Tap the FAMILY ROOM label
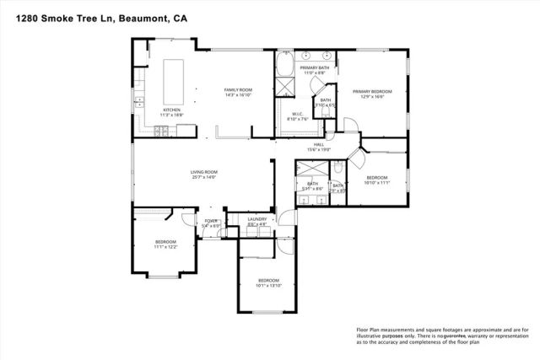click(238, 89)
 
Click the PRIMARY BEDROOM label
click(371, 92)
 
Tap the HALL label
click(320, 144)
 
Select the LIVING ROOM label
click(203, 172)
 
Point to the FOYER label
click(210, 220)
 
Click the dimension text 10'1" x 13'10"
click(268, 285)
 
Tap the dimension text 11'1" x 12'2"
click(165, 247)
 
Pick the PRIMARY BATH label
click(314, 67)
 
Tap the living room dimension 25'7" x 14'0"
click(203, 178)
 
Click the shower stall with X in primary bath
click(284, 93)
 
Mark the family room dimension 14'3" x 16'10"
click(238, 95)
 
